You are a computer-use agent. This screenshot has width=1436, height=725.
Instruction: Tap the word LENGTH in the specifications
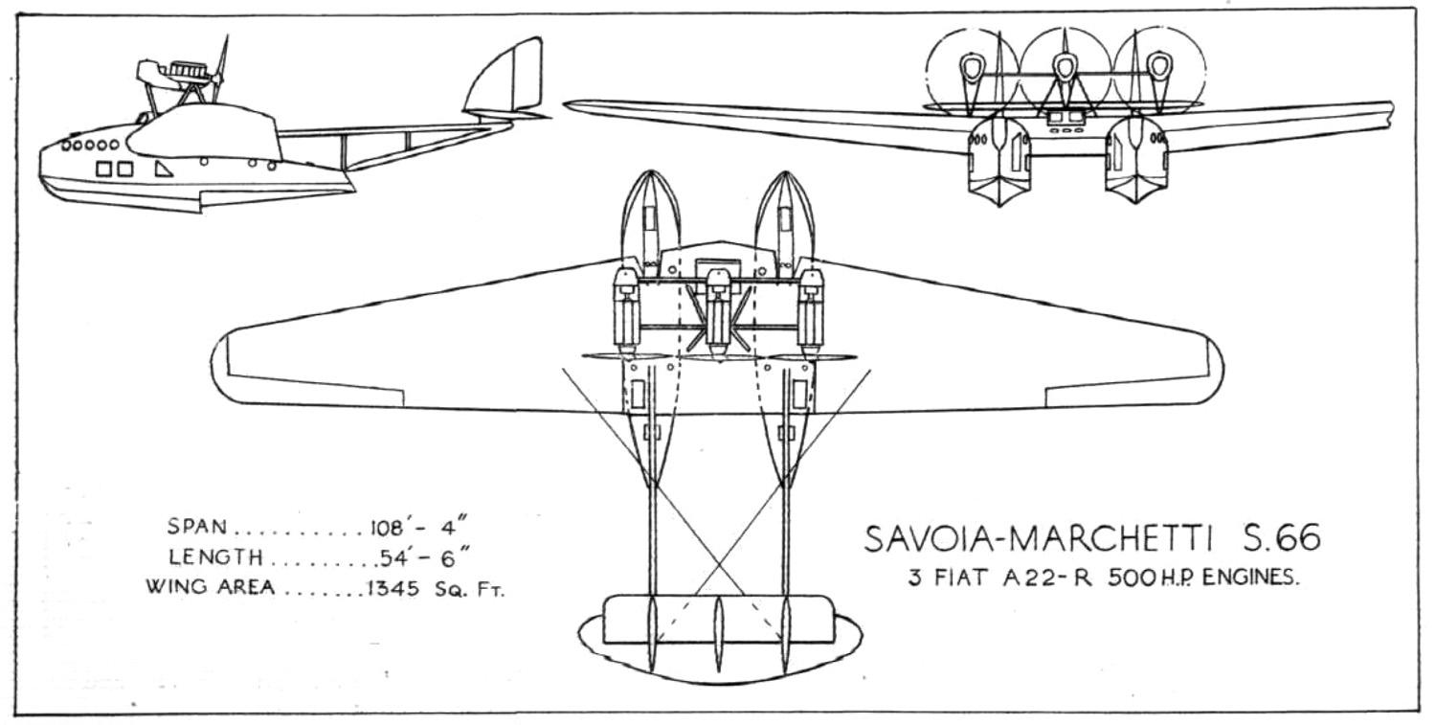click(x=214, y=556)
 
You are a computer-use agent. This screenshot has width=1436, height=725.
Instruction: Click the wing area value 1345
click(x=392, y=587)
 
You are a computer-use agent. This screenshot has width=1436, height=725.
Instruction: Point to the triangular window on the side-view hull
click(x=164, y=169)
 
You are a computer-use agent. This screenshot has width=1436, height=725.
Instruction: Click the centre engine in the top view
click(x=718, y=306)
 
